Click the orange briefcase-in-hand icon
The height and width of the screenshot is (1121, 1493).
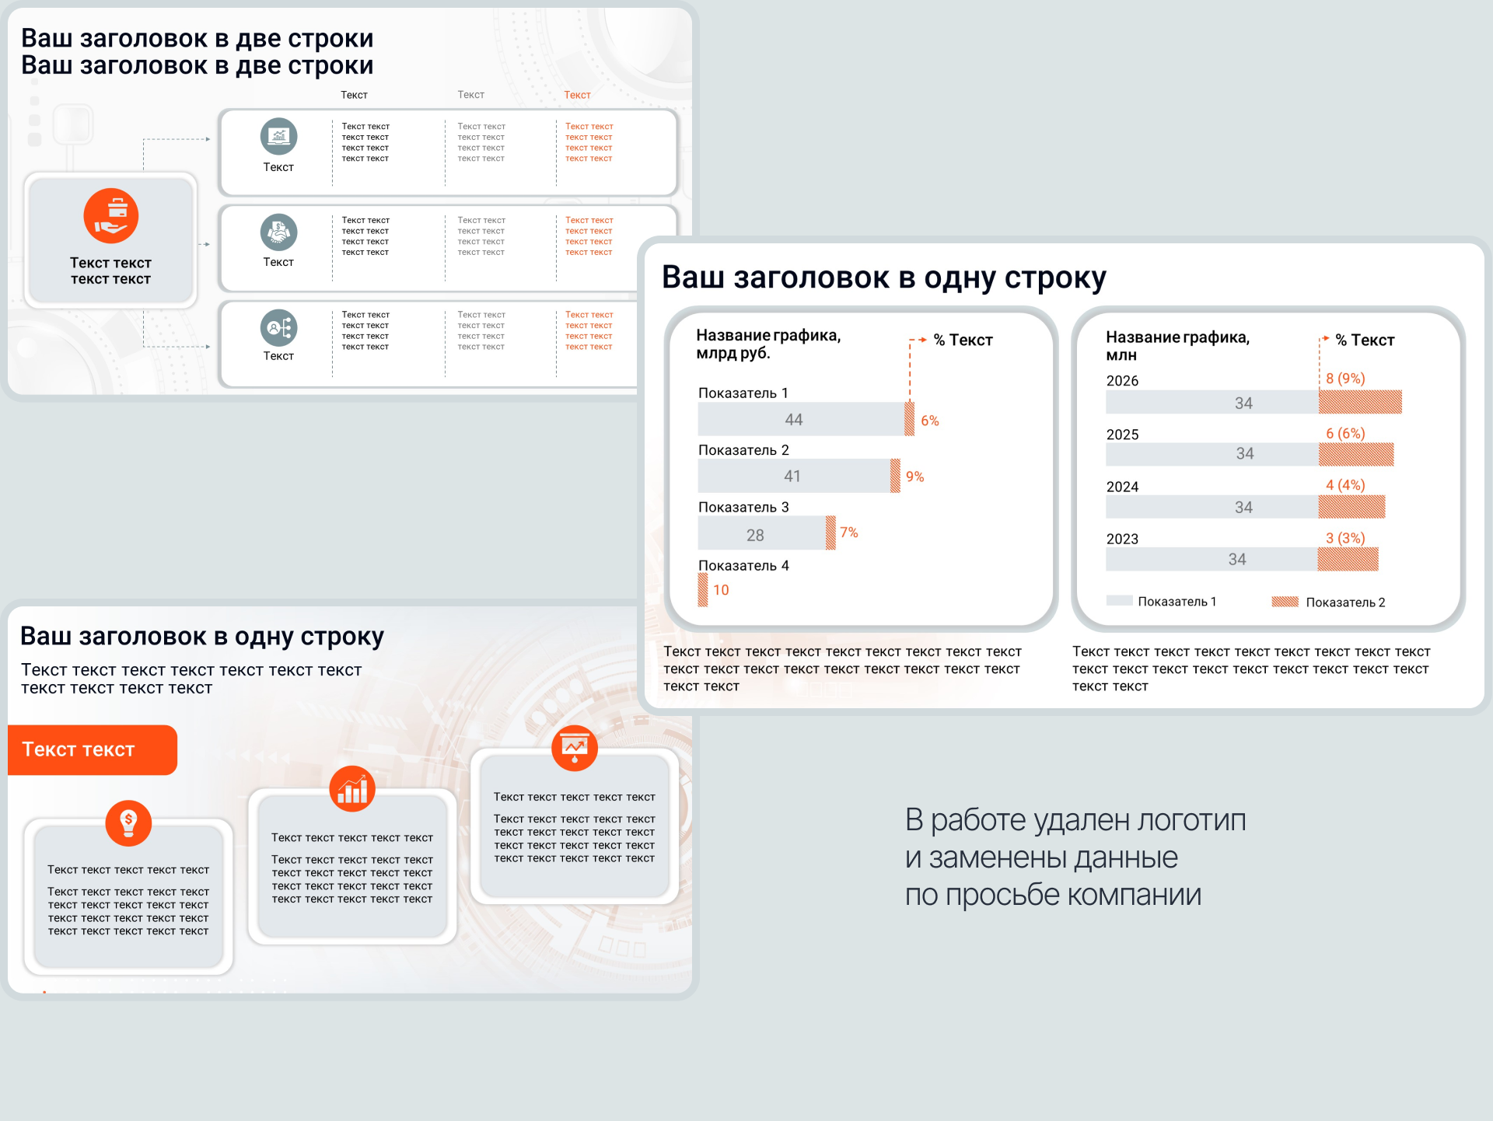111,216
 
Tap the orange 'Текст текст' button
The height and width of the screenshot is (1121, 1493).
93,749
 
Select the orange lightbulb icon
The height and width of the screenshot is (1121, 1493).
128,823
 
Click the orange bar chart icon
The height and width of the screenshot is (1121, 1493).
352,789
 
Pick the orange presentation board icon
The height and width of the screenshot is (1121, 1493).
575,748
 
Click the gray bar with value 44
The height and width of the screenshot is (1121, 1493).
801,419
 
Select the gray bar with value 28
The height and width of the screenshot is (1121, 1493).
761,534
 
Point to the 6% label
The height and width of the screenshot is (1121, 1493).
930,421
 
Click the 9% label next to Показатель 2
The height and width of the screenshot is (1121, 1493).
914,477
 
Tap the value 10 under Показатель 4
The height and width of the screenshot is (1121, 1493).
721,590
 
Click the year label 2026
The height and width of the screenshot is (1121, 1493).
1122,381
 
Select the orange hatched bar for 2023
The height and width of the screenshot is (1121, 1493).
1348,559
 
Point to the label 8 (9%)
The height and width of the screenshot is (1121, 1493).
1345,379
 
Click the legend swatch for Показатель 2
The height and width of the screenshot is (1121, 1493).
1285,602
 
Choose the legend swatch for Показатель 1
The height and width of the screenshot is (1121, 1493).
1119,601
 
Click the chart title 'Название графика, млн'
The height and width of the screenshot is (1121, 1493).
1177,346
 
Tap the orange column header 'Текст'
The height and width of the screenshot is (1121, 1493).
577,95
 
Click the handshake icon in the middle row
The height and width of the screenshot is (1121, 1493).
278,232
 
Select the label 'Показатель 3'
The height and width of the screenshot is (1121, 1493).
743,507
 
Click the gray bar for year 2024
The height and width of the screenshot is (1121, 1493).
1212,507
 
